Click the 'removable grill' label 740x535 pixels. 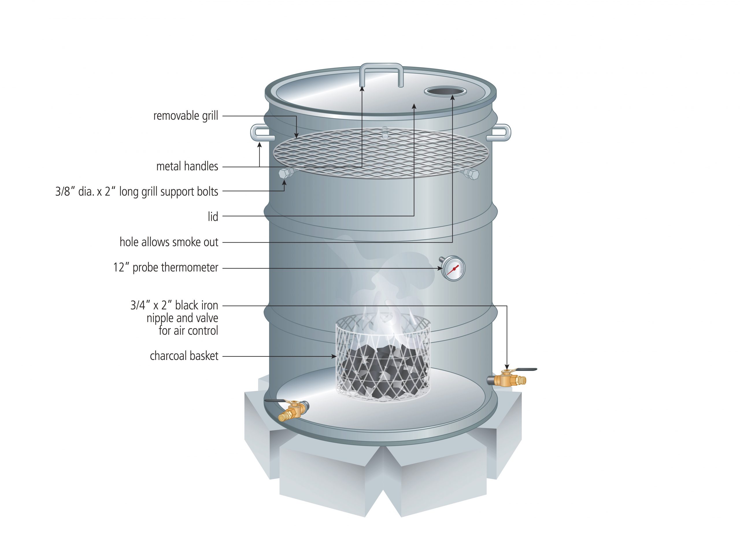186,116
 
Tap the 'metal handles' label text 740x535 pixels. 187,167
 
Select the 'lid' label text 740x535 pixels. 213,216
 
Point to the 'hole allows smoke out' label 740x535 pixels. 169,242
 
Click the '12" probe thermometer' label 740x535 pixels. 166,268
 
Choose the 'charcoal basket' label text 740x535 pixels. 184,356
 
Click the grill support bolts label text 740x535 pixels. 137,192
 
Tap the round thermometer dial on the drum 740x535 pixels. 453,268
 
